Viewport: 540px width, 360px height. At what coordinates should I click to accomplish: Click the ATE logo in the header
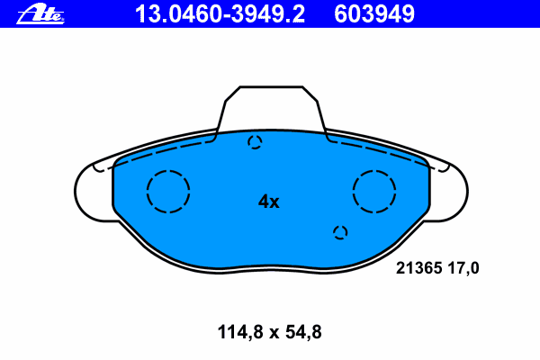pos(40,14)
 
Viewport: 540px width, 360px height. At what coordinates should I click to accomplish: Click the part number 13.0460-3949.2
pos(220,14)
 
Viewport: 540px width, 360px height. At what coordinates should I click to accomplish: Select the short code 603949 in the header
pos(374,14)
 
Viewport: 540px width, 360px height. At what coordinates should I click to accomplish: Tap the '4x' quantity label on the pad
pos(268,202)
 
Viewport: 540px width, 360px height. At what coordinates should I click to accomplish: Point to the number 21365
pos(418,268)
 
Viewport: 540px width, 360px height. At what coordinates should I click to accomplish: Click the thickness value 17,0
pos(463,268)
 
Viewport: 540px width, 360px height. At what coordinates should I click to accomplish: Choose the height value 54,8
pos(303,332)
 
